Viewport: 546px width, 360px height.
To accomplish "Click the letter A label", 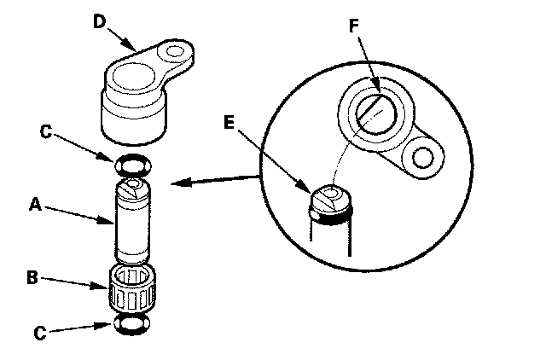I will coord(35,204).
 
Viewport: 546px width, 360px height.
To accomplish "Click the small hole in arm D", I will coord(177,53).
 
